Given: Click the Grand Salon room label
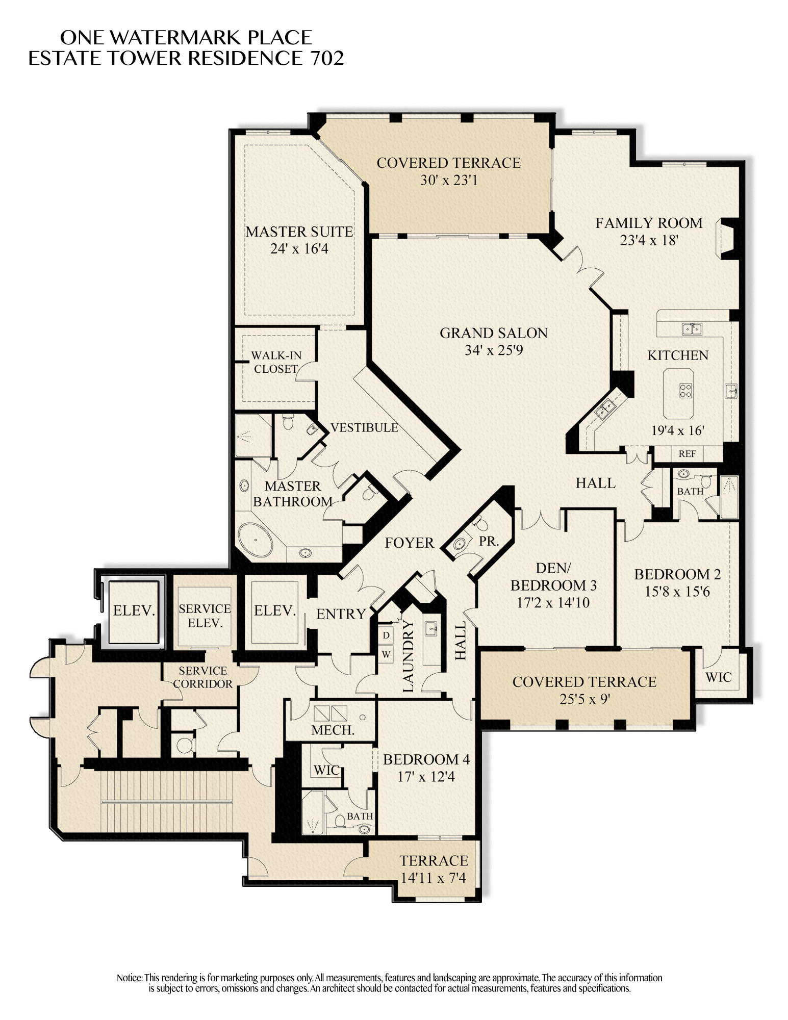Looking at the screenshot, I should point(493,333).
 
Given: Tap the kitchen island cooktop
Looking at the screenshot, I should point(685,391).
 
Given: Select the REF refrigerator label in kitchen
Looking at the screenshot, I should point(687,453).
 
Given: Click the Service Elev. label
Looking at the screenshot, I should point(205,616).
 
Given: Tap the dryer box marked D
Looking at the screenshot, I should point(386,635).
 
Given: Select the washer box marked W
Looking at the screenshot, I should point(386,654).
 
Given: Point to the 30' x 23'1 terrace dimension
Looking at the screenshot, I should point(449,180).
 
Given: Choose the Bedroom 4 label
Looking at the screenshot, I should point(426,759).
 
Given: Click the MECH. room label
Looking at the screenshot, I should point(333,730).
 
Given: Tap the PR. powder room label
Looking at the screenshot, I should point(489,541).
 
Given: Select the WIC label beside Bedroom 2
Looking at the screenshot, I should point(718,677).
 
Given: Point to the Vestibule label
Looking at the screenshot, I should point(364,427).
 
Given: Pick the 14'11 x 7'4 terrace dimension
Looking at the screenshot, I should point(434,878).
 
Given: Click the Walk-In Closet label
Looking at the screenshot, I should point(276,362).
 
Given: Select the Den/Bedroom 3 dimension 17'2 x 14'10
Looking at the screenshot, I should point(553,602).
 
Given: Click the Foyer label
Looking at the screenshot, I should point(409,543).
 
